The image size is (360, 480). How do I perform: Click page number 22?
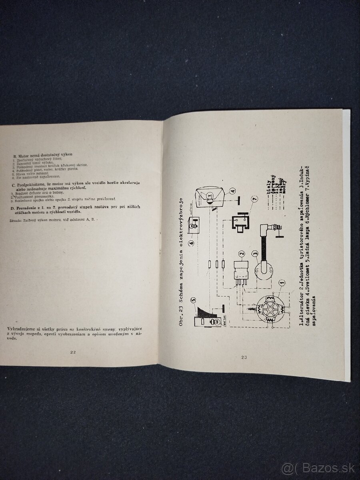point(73,352)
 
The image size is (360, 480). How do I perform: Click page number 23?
point(245,357)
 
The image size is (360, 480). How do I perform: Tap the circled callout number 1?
point(282,284)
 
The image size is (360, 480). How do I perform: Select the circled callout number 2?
point(241,254)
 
